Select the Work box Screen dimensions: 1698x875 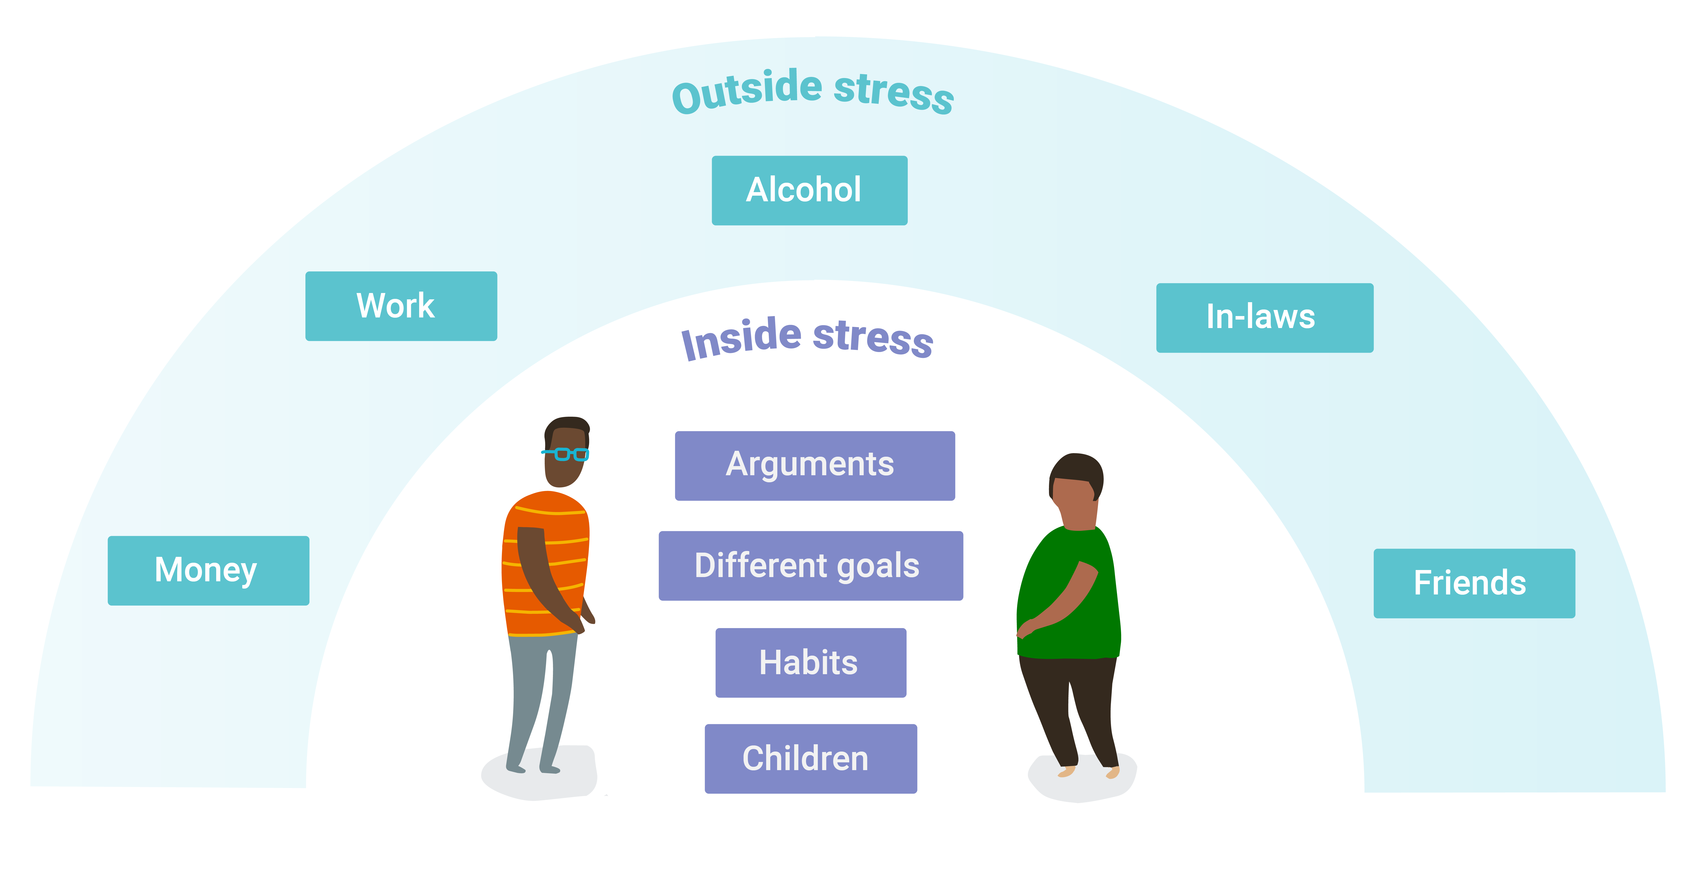401,306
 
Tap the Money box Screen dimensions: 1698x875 208,570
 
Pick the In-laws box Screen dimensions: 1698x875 1264,318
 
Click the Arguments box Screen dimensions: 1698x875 815,466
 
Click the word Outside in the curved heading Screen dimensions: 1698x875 747,92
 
